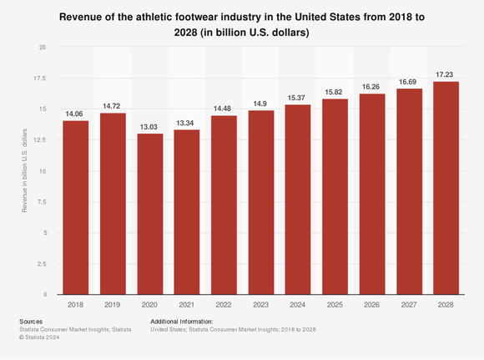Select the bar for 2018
coord(76,208)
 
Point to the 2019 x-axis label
coord(113,305)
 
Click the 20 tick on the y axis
coord(43,48)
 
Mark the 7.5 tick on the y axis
coord(41,202)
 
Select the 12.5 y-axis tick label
coord(39,140)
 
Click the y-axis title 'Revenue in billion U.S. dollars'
coord(25,170)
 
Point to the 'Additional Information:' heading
coord(182,322)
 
